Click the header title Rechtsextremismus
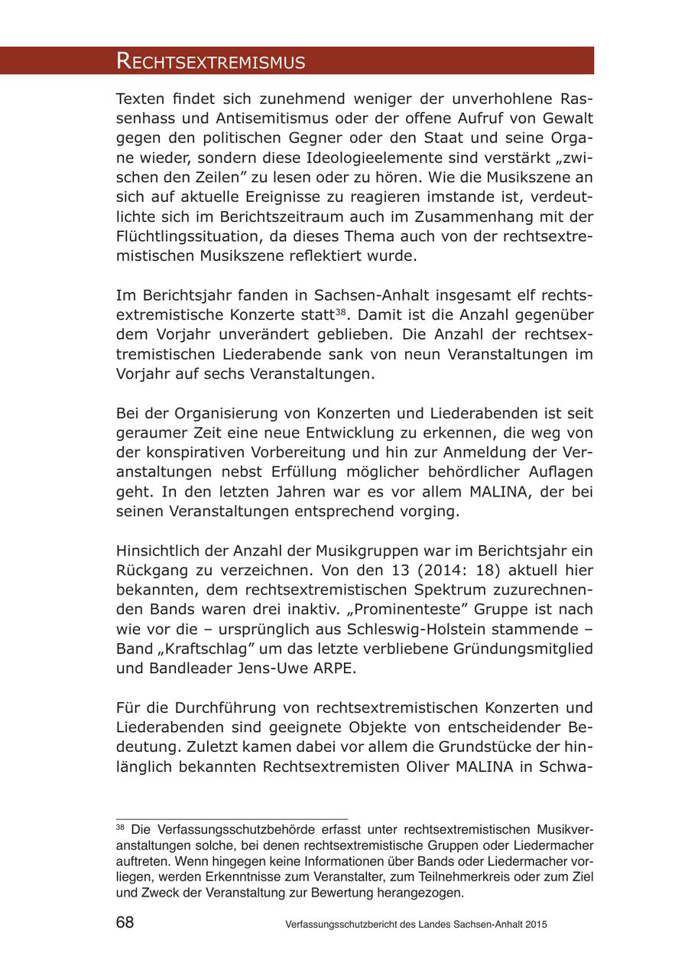(x=210, y=62)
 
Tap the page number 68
(x=125, y=922)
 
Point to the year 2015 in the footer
(x=536, y=924)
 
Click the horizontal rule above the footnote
(x=232, y=819)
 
